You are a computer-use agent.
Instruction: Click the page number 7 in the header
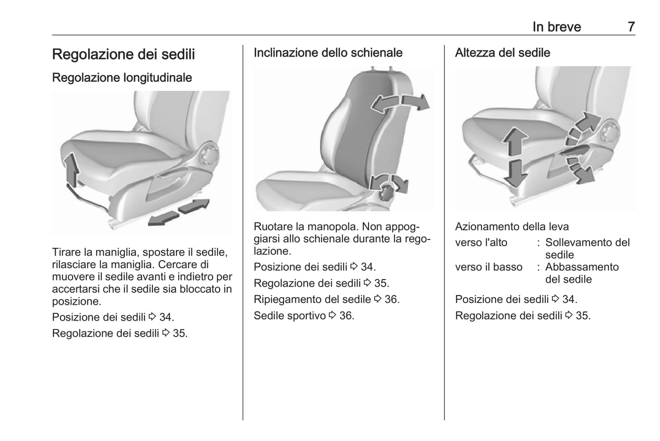tap(631, 27)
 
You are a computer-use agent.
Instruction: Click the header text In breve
tap(556, 27)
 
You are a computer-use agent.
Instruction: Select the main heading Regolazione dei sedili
tap(123, 54)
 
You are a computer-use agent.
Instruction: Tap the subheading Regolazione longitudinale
tap(122, 78)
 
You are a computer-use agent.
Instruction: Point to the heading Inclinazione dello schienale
tap(328, 53)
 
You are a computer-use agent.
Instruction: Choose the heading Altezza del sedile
tap(502, 53)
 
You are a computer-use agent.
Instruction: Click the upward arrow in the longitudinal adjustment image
tap(71, 170)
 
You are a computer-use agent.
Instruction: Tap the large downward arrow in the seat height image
tap(516, 173)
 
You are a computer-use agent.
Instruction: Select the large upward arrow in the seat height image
tap(515, 142)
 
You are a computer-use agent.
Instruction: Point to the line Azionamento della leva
tap(512, 227)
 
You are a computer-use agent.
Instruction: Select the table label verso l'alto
tap(481, 243)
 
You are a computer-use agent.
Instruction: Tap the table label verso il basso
tap(488, 267)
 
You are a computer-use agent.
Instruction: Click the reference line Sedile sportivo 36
tap(304, 316)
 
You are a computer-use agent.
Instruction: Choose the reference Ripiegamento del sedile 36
tap(326, 299)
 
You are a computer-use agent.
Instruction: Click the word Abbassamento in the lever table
tap(581, 267)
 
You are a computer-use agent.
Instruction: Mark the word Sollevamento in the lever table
tap(581, 243)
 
